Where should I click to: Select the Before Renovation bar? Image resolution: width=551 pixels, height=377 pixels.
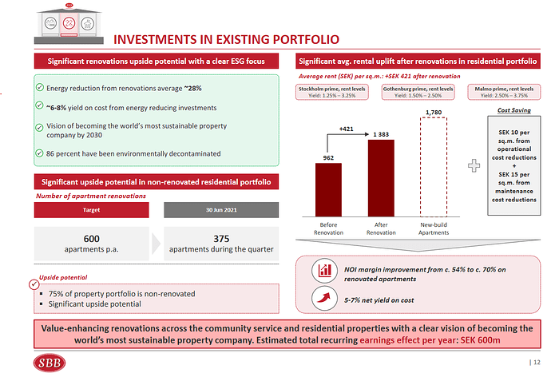pos(328,190)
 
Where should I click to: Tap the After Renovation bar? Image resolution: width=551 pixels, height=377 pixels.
pos(380,177)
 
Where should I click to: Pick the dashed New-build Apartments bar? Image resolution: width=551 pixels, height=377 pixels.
pos(434,169)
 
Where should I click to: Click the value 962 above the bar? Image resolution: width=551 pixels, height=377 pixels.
pos(328,158)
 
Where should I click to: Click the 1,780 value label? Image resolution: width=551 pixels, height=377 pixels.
pos(434,113)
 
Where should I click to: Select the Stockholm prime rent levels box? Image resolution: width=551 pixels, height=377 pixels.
pos(331,91)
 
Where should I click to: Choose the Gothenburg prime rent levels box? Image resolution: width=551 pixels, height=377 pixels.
pos(418,91)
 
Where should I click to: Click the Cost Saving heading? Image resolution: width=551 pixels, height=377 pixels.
pos(513,110)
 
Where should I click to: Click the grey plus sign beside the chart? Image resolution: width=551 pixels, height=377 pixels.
pos(477,164)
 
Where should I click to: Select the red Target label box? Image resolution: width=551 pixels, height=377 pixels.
pos(92,209)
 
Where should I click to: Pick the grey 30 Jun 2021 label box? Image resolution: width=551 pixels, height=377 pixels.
pos(221,209)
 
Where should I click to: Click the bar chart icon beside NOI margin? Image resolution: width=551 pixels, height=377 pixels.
pos(325,270)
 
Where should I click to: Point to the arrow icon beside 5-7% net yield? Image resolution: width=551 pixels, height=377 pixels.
pos(325,300)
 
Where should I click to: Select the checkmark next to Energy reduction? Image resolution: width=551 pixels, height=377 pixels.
pos(40,87)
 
